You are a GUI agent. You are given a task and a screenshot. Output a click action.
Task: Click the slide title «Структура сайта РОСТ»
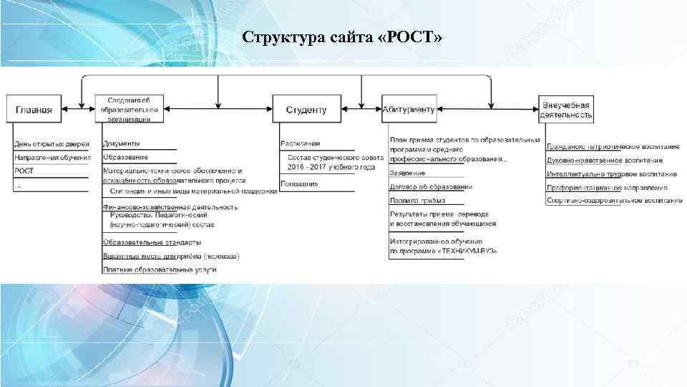tap(343, 37)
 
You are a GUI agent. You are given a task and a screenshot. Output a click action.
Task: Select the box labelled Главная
tap(34, 110)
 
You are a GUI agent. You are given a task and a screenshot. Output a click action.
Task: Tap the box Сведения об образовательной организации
tap(130, 110)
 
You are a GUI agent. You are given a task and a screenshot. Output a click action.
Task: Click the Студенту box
tap(306, 110)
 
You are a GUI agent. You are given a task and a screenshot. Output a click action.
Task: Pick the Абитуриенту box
tap(409, 110)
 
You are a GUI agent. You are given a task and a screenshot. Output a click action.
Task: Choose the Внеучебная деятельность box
tap(566, 110)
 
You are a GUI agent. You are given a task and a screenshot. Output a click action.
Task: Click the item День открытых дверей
tap(52, 143)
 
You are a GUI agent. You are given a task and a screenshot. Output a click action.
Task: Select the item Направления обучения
tap(52, 157)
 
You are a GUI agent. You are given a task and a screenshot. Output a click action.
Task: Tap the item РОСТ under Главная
tap(24, 171)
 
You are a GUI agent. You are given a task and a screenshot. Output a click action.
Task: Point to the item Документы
tap(122, 143)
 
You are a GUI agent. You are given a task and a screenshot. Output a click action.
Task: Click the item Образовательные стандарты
tap(147, 242)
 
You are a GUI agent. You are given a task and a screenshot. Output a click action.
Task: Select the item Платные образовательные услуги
tap(159, 269)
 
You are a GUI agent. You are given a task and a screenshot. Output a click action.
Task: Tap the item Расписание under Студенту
tap(300, 143)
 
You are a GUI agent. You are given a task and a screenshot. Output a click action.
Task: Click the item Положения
tap(299, 184)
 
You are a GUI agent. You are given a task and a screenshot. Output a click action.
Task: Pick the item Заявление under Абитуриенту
tap(407, 173)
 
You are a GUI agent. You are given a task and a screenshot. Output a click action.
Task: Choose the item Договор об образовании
tap(431, 186)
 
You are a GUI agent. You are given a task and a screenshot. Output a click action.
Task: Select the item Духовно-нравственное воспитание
tap(604, 161)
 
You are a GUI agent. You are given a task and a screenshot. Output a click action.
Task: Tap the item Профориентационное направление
tap(608, 187)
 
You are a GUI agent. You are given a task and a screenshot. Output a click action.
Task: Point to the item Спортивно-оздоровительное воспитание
tap(614, 201)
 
